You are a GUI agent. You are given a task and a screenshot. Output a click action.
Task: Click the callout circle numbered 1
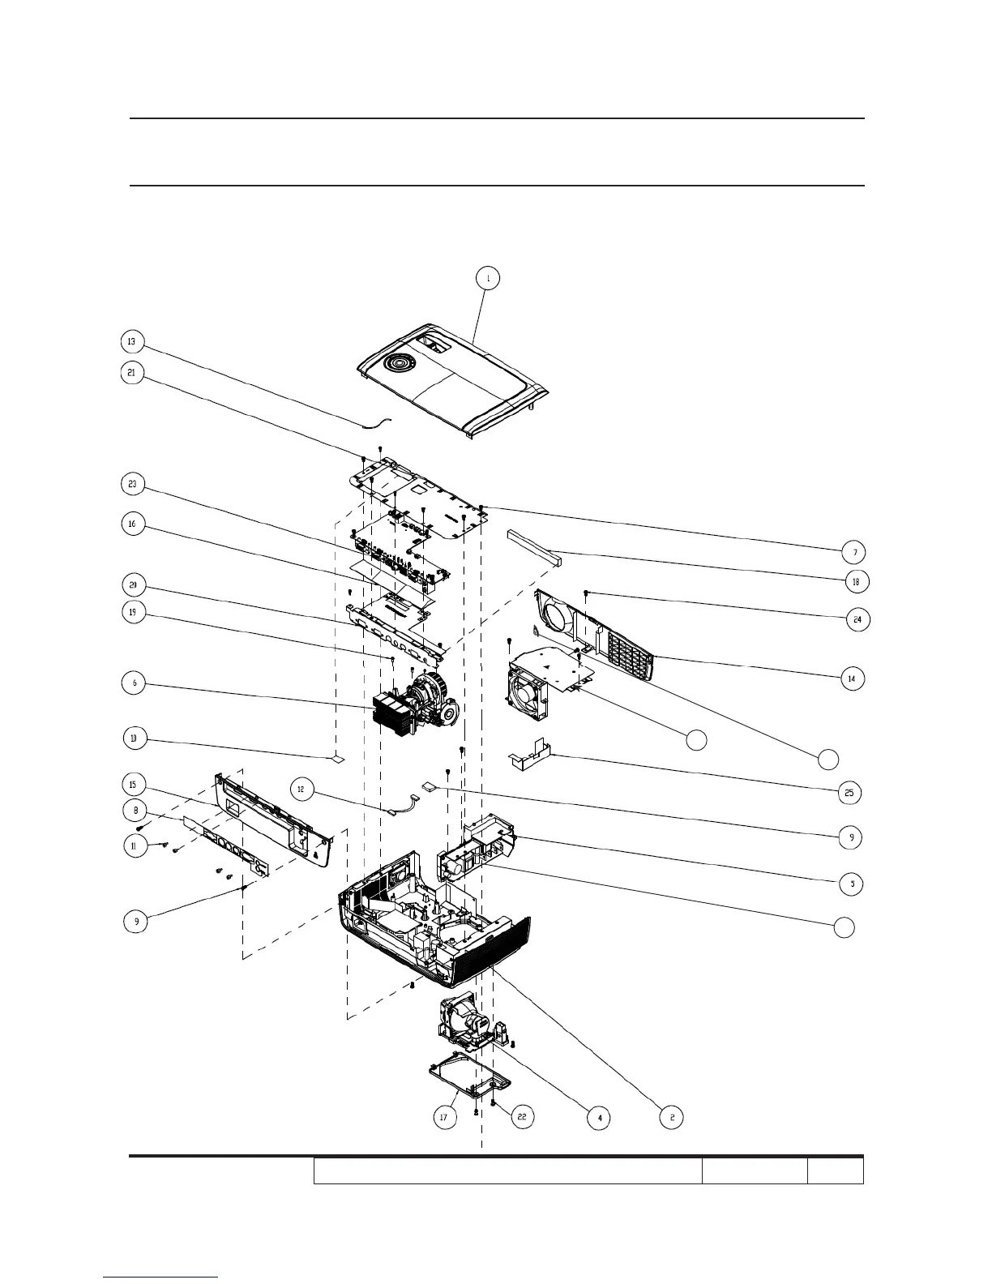pos(487,278)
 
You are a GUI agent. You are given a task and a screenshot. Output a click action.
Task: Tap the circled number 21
pos(132,373)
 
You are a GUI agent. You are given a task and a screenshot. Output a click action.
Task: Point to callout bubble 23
pos(132,486)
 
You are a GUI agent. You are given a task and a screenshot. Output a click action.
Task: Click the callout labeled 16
pos(132,524)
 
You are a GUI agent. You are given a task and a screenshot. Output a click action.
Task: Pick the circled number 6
pos(135,683)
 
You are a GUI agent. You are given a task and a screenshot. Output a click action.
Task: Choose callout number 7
pos(853,552)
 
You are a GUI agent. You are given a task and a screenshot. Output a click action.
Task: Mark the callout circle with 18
pos(854,582)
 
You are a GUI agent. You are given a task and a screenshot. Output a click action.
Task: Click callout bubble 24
pos(857,620)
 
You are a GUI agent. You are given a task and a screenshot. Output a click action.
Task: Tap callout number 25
pos(849,793)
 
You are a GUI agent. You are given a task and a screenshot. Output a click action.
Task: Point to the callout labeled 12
pos(301,789)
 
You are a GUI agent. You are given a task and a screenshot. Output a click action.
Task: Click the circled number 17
pos(443,1117)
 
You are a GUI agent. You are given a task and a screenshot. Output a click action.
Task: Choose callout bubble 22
pos(521,1116)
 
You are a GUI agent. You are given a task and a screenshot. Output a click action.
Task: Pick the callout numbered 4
pos(599,1118)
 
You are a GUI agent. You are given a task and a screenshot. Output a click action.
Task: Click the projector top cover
pos(454,381)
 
